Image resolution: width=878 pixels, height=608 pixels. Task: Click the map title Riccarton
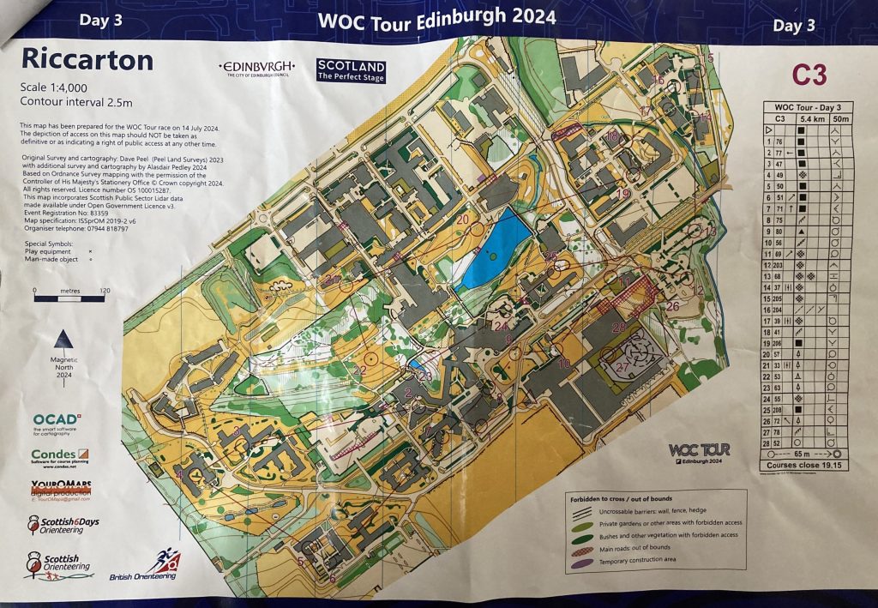(87, 59)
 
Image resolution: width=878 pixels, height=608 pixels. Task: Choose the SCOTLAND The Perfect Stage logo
(351, 70)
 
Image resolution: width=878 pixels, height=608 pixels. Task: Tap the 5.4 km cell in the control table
(807, 118)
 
